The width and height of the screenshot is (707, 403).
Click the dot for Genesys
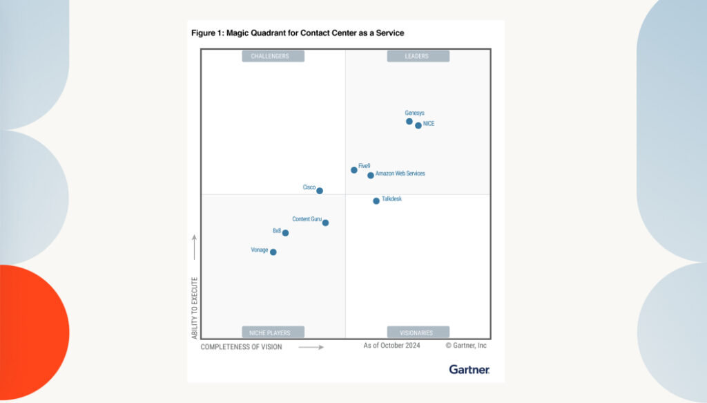[409, 122]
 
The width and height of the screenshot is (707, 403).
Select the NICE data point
[418, 125]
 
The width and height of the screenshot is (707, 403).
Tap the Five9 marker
[354, 169]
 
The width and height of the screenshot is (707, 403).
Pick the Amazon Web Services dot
[371, 176]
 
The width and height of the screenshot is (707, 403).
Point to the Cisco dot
[320, 191]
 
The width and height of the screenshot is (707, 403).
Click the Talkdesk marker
[376, 201]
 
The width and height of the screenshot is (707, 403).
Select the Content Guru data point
[325, 223]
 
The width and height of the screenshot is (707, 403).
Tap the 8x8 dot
[285, 233]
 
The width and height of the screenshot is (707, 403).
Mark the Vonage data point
[273, 252]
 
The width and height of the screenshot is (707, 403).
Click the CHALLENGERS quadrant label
[273, 56]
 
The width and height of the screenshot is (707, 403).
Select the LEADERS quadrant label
[417, 56]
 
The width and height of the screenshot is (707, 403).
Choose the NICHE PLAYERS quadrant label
[273, 332]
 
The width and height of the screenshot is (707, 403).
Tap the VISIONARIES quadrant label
[418, 332]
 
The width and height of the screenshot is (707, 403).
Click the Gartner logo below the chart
[469, 369]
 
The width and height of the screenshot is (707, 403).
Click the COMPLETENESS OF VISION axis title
[241, 347]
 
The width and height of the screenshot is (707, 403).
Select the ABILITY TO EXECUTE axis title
[195, 308]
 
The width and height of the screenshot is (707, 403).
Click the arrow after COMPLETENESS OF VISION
[311, 347]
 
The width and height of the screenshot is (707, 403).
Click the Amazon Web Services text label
[400, 174]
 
